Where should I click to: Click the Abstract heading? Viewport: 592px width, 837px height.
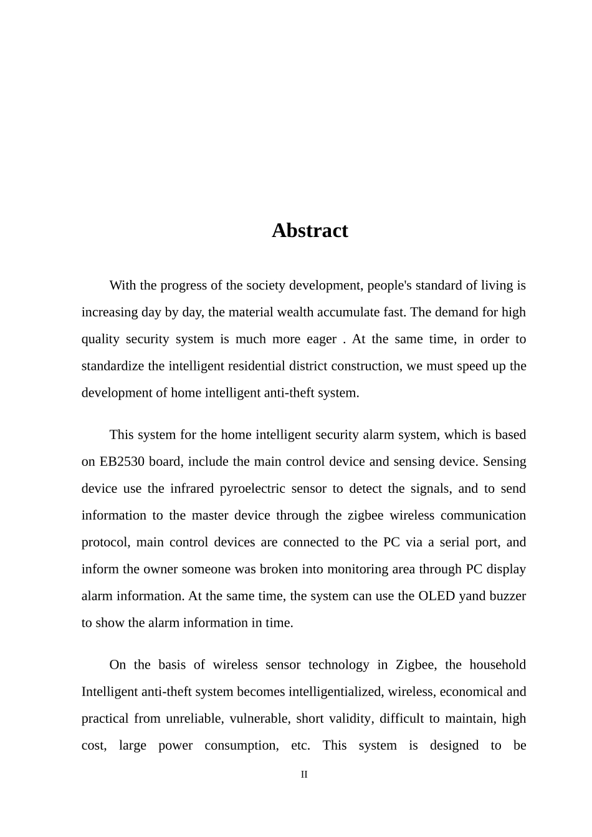tap(310, 231)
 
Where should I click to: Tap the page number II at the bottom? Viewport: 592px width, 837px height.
tap(304, 775)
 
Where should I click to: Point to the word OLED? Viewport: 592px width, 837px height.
tap(436, 596)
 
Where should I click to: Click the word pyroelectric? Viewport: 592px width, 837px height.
tap(255, 488)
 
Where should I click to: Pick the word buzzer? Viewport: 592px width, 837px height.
tap(507, 596)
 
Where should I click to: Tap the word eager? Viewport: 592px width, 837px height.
tap(322, 339)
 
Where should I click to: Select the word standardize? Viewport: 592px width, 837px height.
tap(113, 366)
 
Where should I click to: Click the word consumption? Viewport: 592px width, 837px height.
tap(242, 745)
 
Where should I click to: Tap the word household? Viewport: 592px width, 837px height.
tap(497, 665)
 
